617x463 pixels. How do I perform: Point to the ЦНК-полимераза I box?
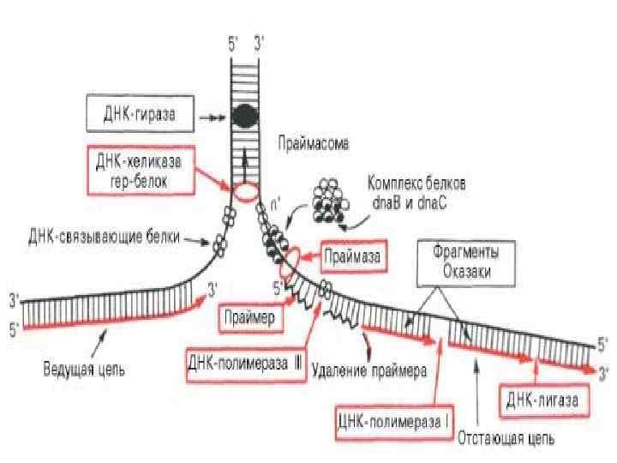tap(393, 422)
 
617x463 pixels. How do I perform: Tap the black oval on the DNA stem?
tap(247, 114)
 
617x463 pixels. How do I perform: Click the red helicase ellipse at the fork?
tap(246, 190)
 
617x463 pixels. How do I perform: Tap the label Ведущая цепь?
tap(84, 371)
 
